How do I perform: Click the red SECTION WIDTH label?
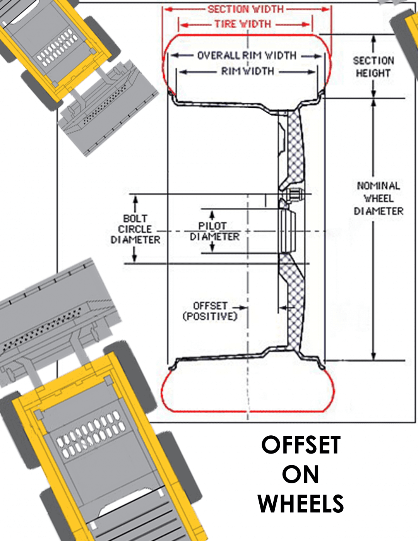click(x=246, y=9)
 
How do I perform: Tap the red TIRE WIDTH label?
click(x=243, y=24)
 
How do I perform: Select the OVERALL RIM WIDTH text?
click(x=247, y=56)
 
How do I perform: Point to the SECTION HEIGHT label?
click(x=373, y=67)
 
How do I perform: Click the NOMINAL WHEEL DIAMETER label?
click(x=378, y=198)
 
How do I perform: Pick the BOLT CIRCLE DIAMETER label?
click(x=135, y=229)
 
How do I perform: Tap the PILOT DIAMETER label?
click(x=214, y=231)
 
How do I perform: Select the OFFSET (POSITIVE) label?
click(x=210, y=311)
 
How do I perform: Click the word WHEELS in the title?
click(x=301, y=504)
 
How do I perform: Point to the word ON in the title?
click(x=301, y=474)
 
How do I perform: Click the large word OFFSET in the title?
click(x=301, y=445)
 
